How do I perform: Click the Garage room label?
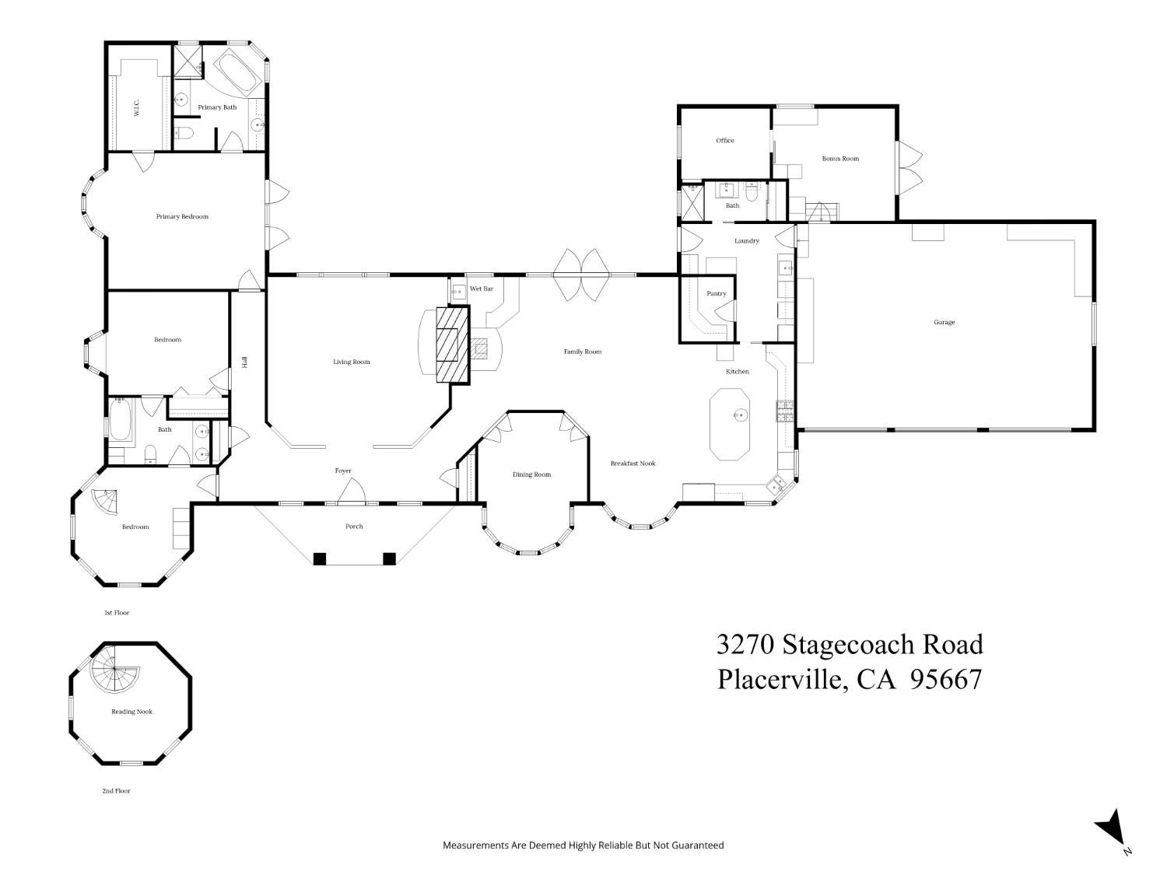(x=944, y=322)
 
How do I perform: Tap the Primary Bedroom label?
(x=182, y=216)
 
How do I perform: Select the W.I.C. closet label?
(x=136, y=108)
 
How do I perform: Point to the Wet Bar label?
(x=481, y=289)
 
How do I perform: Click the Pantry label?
(x=717, y=293)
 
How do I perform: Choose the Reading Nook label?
(x=131, y=712)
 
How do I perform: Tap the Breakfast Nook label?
(x=633, y=464)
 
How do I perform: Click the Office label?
(x=724, y=140)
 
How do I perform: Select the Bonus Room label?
(x=840, y=159)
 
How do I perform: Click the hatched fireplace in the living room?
(x=453, y=345)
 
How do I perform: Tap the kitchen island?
(x=730, y=423)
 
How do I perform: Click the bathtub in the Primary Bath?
(x=236, y=74)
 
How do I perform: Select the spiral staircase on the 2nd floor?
(x=114, y=670)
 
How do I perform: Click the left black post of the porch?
(x=319, y=558)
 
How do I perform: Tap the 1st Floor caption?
(x=117, y=613)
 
